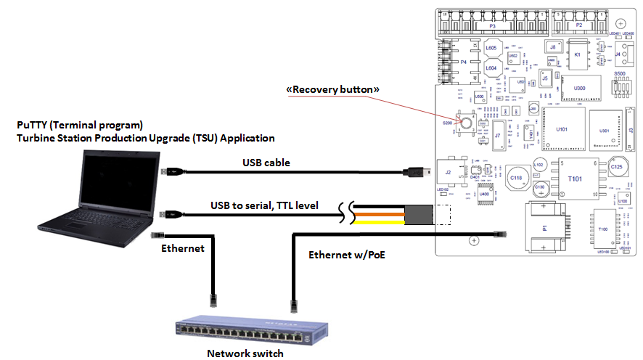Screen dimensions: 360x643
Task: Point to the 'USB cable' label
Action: pos(266,163)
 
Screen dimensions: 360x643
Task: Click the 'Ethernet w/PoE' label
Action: pos(340,255)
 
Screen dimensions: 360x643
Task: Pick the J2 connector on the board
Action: pos(449,173)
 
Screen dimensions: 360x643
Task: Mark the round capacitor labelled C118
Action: pos(517,177)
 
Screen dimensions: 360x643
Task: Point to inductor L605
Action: pos(491,49)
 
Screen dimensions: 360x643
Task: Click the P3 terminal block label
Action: pos(491,25)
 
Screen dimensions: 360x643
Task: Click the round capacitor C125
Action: pos(617,168)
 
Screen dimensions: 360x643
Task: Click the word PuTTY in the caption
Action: pos(33,125)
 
